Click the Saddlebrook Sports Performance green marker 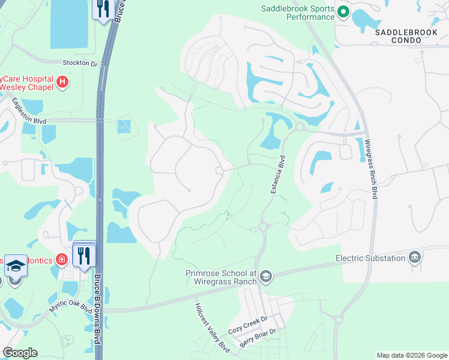[x=343, y=11]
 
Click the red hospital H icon [x=62, y=82]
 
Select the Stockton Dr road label [x=80, y=62]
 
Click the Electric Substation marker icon [x=414, y=258]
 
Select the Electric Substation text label [x=370, y=259]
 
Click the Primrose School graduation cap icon [x=266, y=276]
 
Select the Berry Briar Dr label [x=258, y=339]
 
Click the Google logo [x=20, y=353]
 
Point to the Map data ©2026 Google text [x=411, y=355]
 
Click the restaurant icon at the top [x=103, y=9]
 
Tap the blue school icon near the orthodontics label [x=15, y=266]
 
